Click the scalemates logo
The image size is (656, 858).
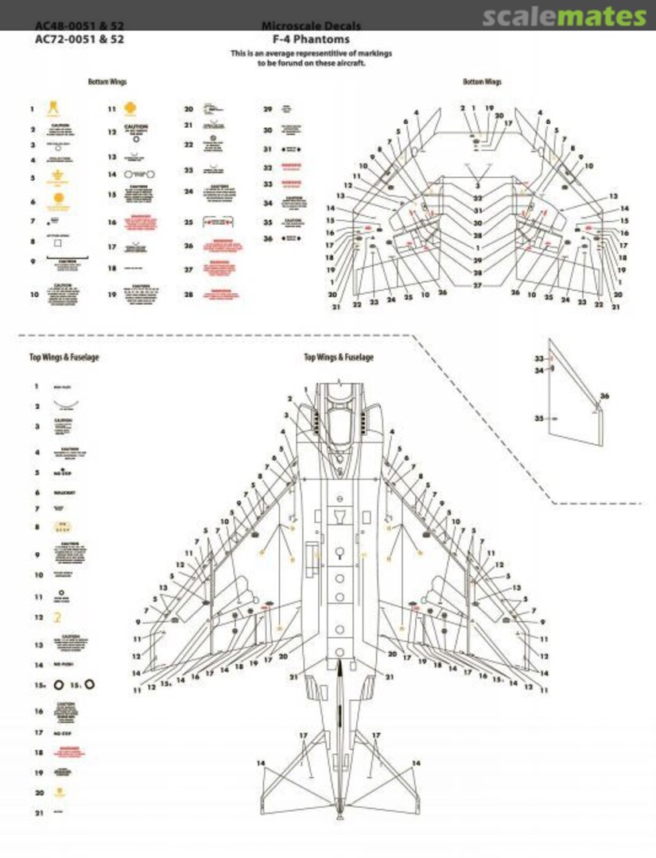[564, 17]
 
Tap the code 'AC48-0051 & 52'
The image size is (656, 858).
[80, 26]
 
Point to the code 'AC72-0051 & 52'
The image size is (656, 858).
[80, 38]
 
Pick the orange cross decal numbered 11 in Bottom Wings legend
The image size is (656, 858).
[133, 109]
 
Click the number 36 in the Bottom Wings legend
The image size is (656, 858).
[268, 238]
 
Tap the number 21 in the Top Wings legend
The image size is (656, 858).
[37, 813]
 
